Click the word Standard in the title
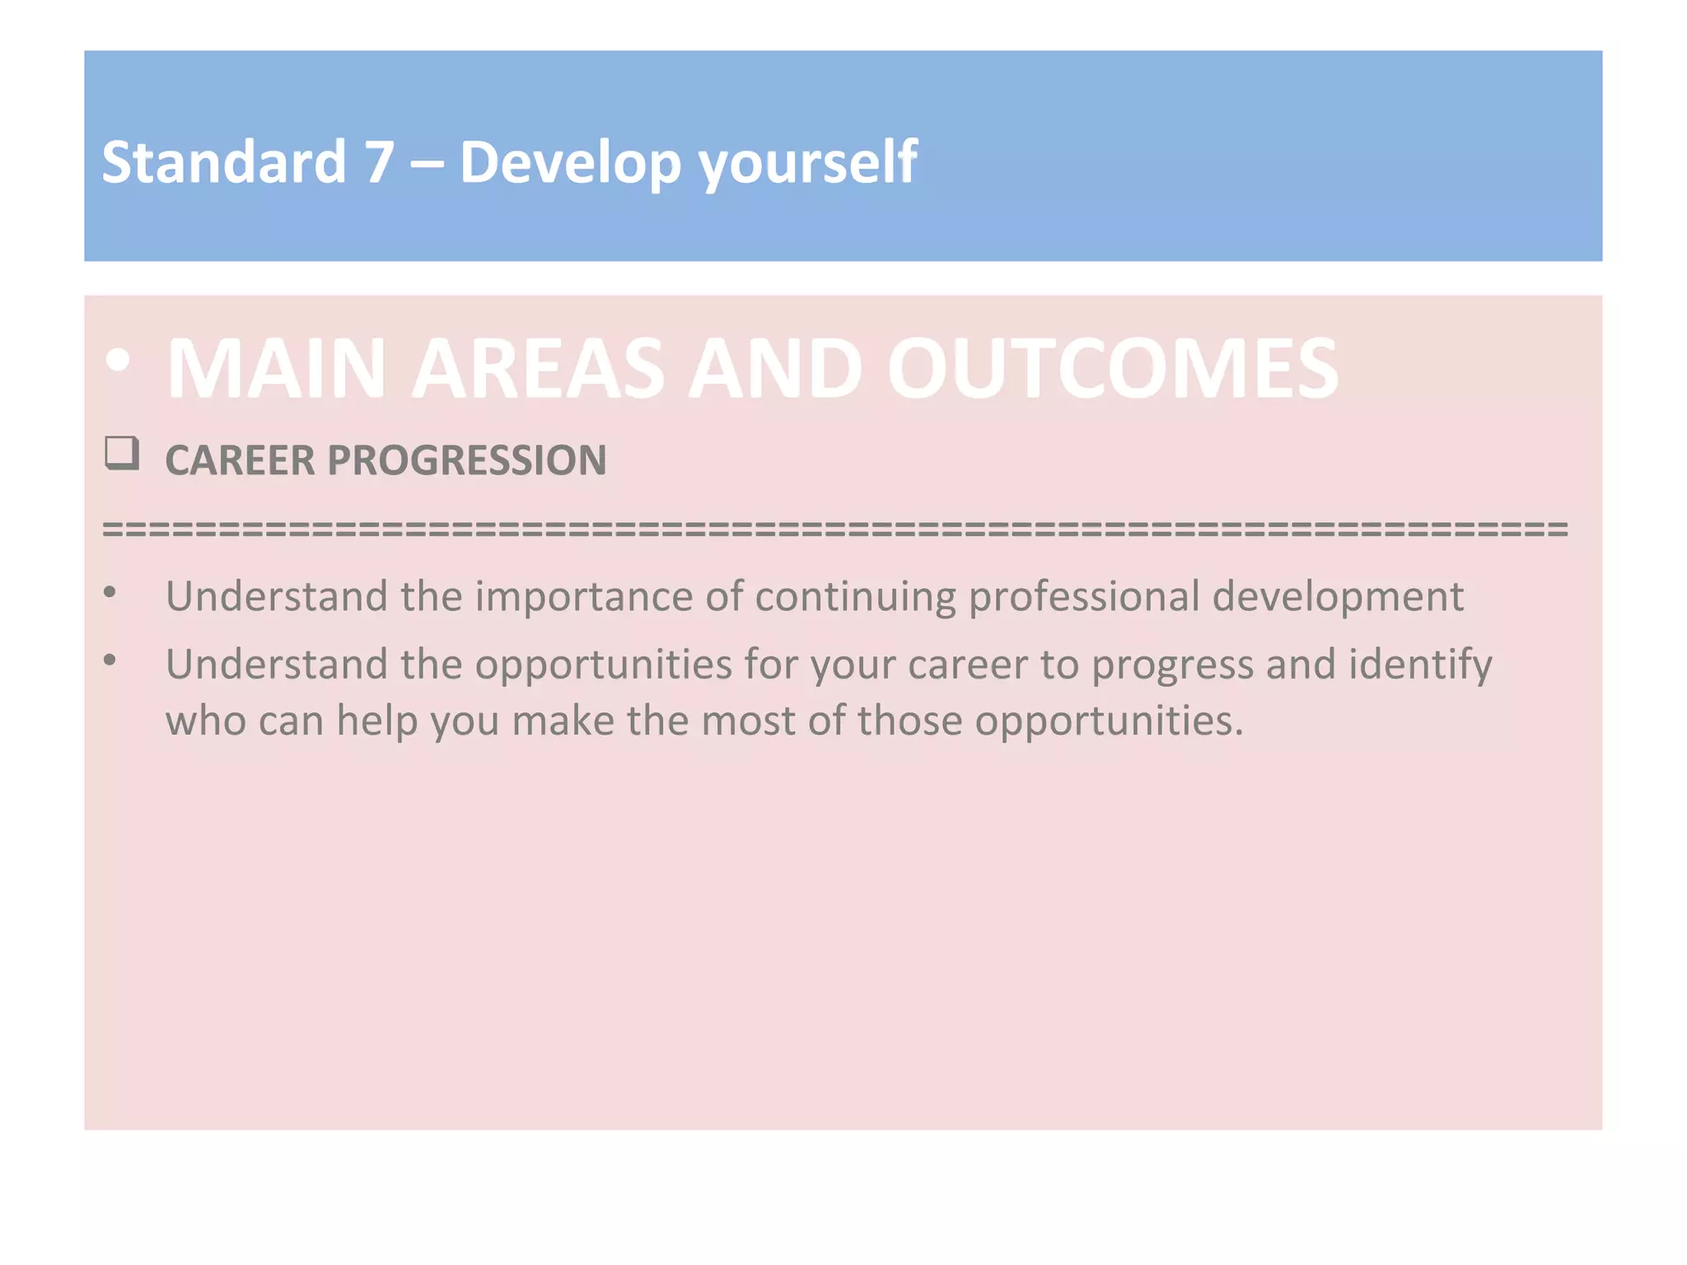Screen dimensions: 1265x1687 tap(223, 161)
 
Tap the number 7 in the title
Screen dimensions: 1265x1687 tap(379, 161)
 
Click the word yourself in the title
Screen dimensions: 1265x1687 tap(807, 163)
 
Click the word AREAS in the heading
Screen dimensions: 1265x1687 tap(537, 369)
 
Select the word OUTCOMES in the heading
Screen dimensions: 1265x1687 tap(1112, 369)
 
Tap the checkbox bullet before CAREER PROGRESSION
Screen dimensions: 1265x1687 tap(122, 453)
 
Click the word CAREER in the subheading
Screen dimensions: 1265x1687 tap(240, 460)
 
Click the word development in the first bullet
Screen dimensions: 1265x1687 tap(1338, 596)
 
